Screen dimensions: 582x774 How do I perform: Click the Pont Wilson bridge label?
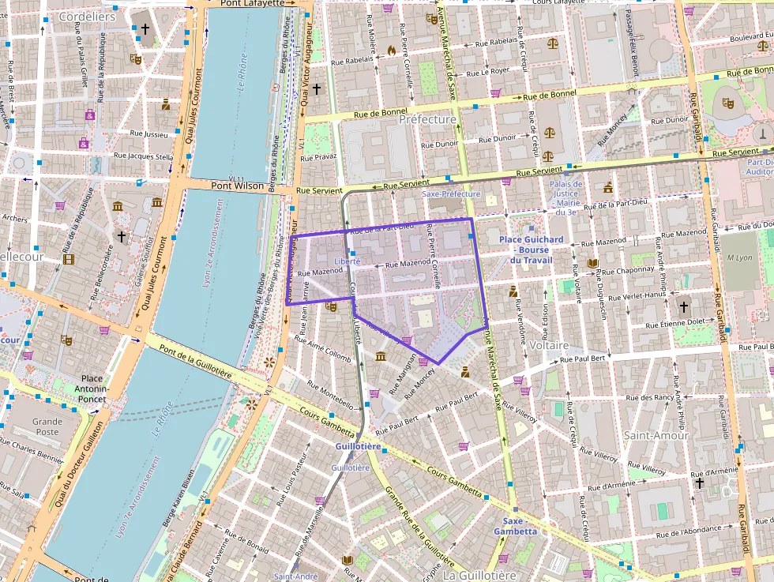237,185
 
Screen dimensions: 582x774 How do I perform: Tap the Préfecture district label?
427,119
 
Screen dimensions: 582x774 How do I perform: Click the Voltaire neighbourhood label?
550,346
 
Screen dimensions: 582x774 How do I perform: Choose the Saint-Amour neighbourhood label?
656,435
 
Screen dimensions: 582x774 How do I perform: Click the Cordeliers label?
87,17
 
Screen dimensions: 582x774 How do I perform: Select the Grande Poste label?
47,426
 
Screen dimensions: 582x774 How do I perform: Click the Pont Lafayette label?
252,3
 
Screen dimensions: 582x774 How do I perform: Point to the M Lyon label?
738,258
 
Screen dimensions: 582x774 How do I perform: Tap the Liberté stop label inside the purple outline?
348,261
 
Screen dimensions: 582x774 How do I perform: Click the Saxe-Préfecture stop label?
452,193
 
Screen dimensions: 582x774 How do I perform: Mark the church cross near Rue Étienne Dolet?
683,307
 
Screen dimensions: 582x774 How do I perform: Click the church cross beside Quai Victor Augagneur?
317,89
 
